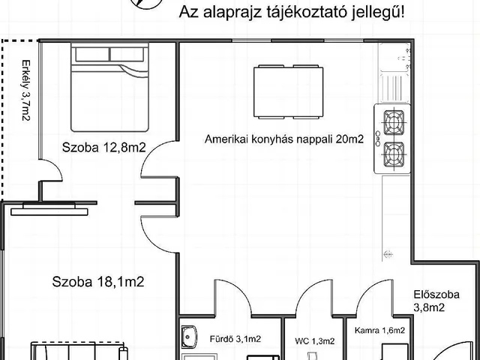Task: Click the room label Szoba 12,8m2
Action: [x=103, y=148]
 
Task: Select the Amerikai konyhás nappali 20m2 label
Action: [x=284, y=139]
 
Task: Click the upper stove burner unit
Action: [x=394, y=122]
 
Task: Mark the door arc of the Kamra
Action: [x=373, y=296]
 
